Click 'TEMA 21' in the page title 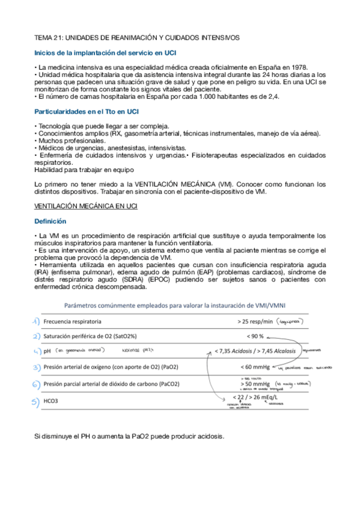[x=49, y=37]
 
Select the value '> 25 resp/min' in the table [x=256, y=322]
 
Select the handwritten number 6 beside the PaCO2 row [x=37, y=384]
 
